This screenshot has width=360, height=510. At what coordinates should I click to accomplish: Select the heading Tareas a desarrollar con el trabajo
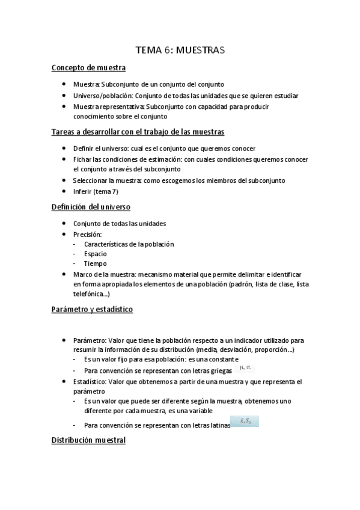point(138,132)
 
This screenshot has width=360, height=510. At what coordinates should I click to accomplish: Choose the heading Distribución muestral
point(88,440)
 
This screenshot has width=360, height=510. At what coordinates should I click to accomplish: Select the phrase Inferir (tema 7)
point(96,191)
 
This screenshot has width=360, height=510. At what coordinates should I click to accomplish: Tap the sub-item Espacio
point(96,254)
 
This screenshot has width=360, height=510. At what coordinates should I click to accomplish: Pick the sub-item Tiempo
point(96,263)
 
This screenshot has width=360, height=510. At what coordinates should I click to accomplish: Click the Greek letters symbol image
point(245,368)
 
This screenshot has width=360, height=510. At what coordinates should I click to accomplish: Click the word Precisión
point(88,234)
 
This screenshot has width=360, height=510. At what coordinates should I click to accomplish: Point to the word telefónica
point(90,294)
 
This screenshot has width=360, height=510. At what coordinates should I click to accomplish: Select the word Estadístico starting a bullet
point(91,382)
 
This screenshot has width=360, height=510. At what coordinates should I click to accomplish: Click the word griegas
point(218,370)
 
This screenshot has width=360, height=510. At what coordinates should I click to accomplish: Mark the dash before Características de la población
point(74,244)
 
